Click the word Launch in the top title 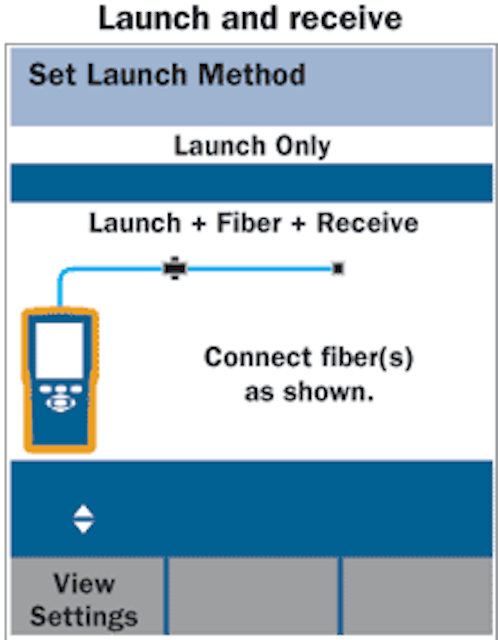click(153, 18)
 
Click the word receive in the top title click(345, 18)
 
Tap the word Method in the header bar click(252, 74)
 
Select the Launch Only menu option click(252, 146)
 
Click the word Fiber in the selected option click(249, 223)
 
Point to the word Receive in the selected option click(368, 223)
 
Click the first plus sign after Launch click(199, 224)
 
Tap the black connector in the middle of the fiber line click(175, 268)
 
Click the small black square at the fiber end click(338, 269)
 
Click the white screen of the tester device click(60, 350)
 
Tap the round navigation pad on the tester click(60, 403)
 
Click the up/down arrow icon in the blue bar click(83, 519)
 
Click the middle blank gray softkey click(253, 596)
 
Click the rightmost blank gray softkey click(417, 596)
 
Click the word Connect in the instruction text click(258, 357)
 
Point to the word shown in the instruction click(329, 392)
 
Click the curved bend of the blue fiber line click(64, 273)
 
